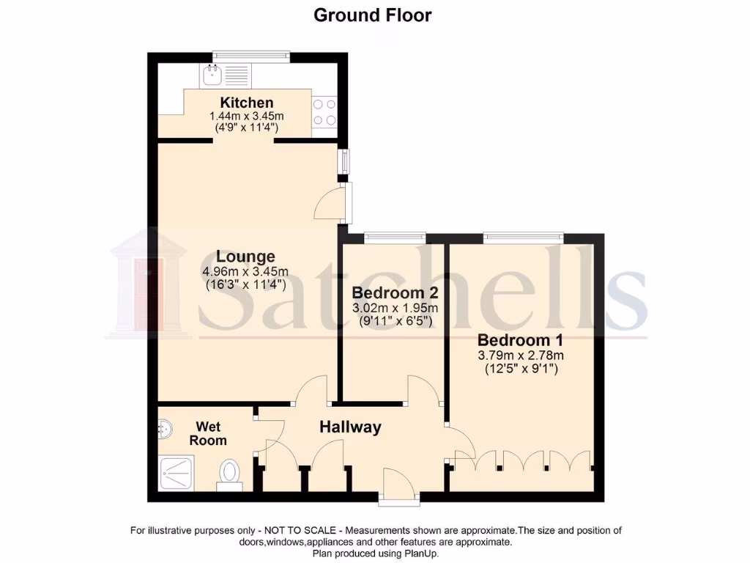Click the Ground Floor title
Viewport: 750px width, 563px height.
pyautogui.click(x=372, y=15)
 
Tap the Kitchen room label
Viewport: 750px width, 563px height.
pyautogui.click(x=247, y=103)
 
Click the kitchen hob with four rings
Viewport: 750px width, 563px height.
pyautogui.click(x=324, y=112)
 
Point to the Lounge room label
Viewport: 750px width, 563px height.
pyautogui.click(x=245, y=257)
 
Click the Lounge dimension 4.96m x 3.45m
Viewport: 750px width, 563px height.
pyautogui.click(x=245, y=271)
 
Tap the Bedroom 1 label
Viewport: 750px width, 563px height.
pyautogui.click(x=521, y=340)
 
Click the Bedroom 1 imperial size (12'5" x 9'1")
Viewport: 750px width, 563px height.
pyautogui.click(x=521, y=369)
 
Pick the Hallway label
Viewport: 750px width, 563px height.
pyautogui.click(x=350, y=427)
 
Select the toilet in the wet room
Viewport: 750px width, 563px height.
pyautogui.click(x=230, y=473)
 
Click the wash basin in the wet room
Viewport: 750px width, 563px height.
pyautogui.click(x=165, y=429)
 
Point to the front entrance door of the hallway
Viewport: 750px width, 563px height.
pyautogui.click(x=399, y=485)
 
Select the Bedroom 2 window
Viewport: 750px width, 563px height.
pyautogui.click(x=395, y=237)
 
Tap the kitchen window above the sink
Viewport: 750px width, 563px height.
pyautogui.click(x=251, y=56)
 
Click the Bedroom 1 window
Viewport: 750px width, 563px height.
pyautogui.click(x=523, y=237)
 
